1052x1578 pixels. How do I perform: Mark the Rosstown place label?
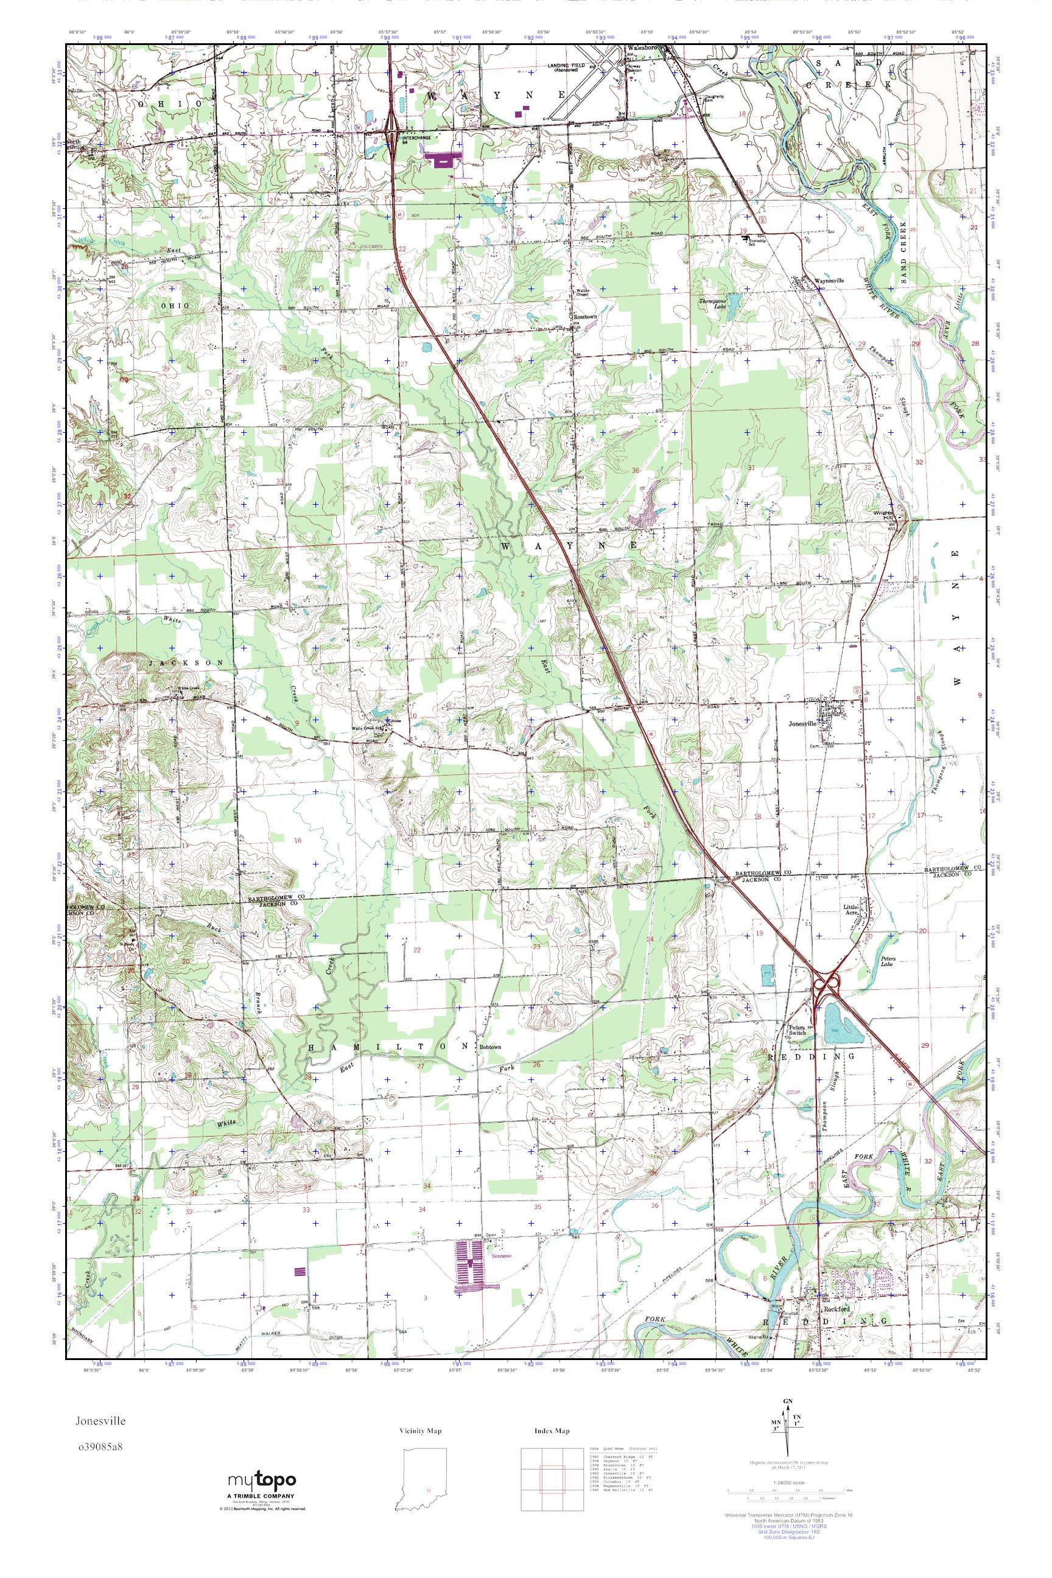[x=584, y=317]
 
